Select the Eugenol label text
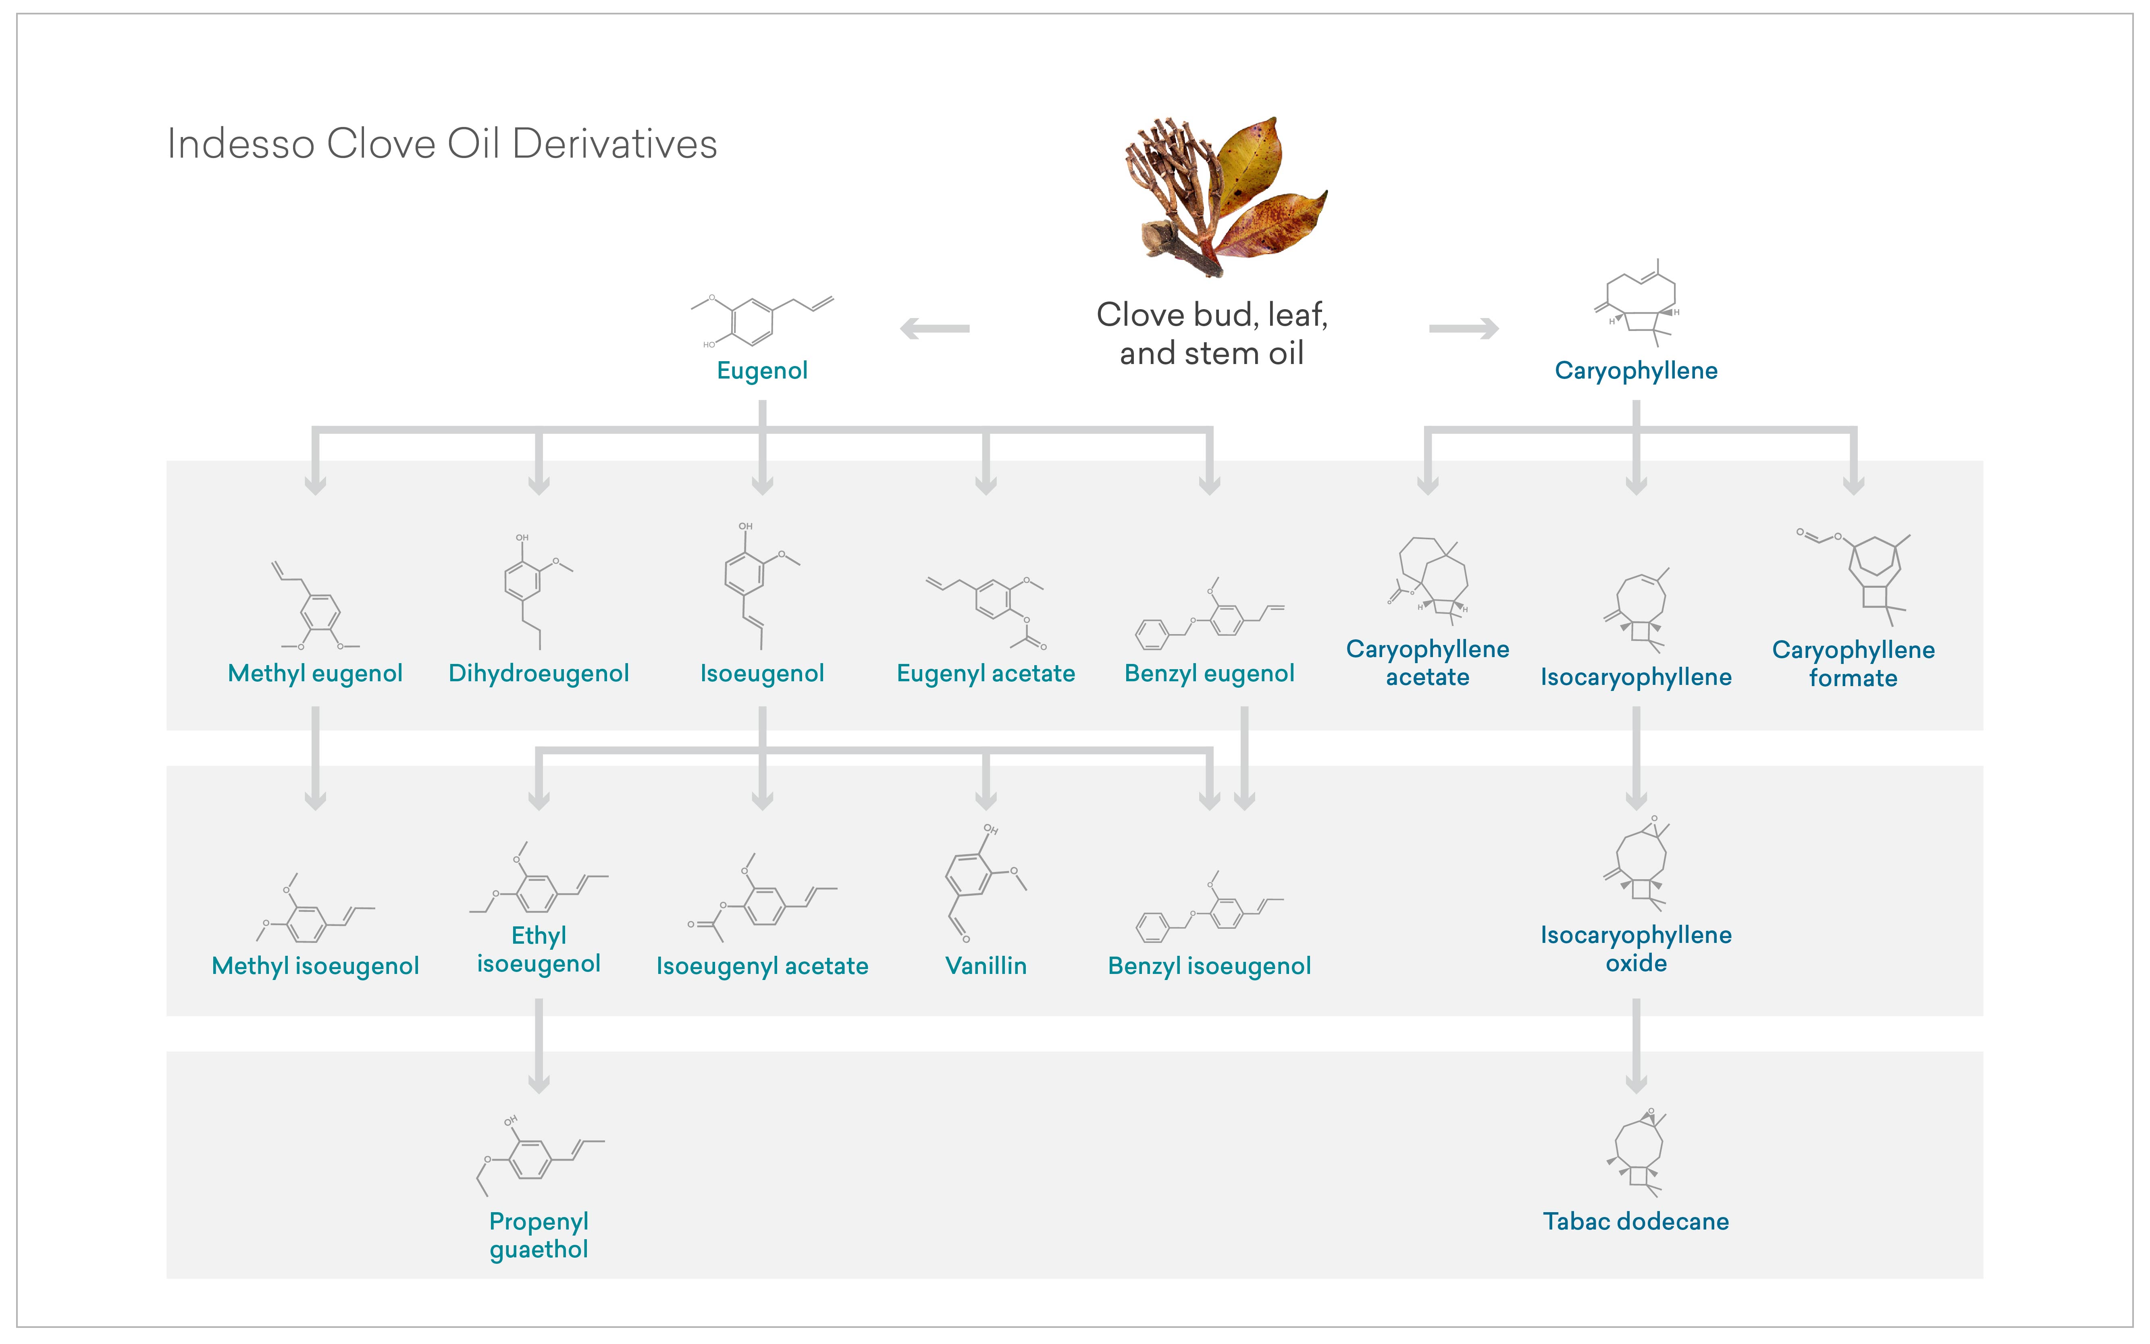(x=762, y=370)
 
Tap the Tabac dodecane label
(x=1635, y=1221)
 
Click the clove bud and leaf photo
(x=1222, y=196)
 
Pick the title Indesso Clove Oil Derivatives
(x=442, y=144)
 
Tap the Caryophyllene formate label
(x=1853, y=663)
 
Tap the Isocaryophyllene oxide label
(x=1635, y=949)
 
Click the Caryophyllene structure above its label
(x=1637, y=302)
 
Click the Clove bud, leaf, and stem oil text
(x=1211, y=333)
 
